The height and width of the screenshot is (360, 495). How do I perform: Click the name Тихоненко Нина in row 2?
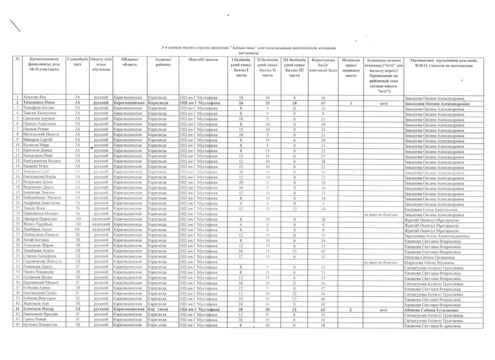(38, 103)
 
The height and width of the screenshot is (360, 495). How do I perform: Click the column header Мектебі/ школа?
(203, 60)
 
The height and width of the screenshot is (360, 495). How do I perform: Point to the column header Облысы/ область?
(130, 62)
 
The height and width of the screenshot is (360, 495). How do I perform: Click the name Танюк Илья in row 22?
(34, 208)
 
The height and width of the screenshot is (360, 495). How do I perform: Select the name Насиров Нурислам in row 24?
(39, 219)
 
